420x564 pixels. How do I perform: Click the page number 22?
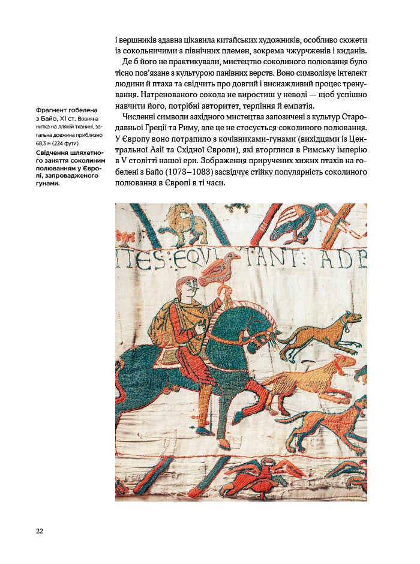point(40,530)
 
